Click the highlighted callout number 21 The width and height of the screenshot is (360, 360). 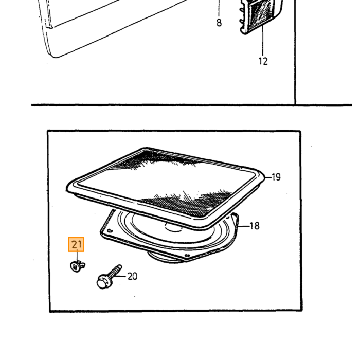(x=76, y=244)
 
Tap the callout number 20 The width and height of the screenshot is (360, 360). (x=132, y=276)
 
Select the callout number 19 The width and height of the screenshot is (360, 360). (x=276, y=177)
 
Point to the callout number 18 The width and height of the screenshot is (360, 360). (x=255, y=226)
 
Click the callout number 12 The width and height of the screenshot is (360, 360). (x=263, y=61)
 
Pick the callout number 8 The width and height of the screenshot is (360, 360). (x=219, y=23)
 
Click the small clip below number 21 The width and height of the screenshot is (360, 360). (x=77, y=266)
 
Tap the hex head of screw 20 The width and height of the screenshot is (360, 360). (x=102, y=281)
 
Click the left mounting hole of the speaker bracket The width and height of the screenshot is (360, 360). (x=110, y=230)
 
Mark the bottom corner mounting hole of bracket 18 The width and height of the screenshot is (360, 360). (x=186, y=255)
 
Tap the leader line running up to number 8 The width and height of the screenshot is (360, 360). (x=219, y=8)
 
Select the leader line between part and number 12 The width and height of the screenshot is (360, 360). (x=263, y=41)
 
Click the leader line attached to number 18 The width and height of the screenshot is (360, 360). (x=244, y=226)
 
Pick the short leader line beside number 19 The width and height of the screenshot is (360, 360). (x=268, y=177)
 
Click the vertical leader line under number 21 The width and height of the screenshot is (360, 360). (x=77, y=255)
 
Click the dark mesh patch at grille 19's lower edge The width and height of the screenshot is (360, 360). (x=186, y=203)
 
